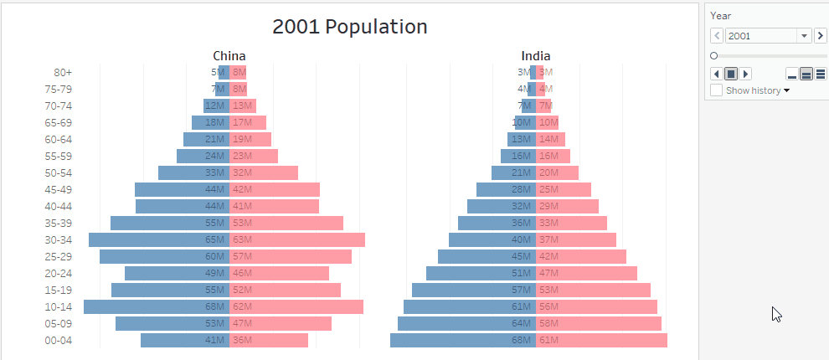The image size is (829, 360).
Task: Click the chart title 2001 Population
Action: point(349,27)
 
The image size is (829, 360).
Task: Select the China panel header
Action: point(229,56)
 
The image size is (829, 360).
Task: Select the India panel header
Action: point(535,56)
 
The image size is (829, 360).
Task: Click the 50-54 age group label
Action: point(59,172)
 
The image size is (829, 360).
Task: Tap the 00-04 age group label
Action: point(59,340)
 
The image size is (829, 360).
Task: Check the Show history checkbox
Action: point(717,90)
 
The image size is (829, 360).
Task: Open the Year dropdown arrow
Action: point(804,35)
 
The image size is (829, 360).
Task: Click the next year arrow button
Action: point(820,35)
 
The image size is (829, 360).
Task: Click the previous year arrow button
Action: point(717,35)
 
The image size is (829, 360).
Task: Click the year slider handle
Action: point(713,55)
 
